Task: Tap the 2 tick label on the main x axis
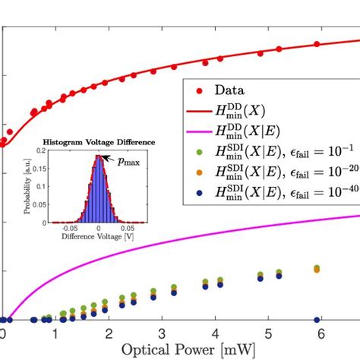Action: (109, 332)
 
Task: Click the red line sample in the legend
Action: (200, 114)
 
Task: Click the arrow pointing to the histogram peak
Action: (111, 157)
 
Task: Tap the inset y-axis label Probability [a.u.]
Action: (27, 187)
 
